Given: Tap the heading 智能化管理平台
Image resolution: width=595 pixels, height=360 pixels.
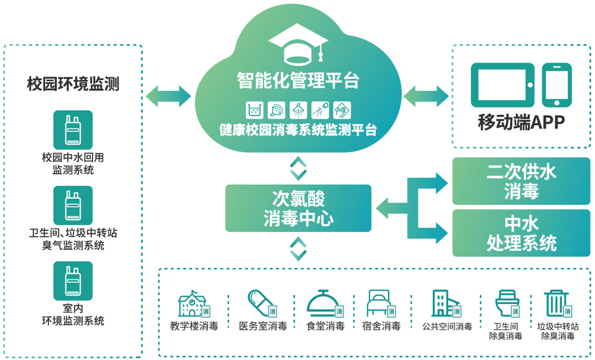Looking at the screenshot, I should coord(298,80).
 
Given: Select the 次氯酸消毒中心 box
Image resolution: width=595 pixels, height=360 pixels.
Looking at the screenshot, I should coord(298,208).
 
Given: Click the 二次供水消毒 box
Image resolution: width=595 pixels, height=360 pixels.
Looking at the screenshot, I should coord(521,181).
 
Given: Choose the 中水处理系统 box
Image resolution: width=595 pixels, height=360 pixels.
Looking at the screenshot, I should coord(521,233).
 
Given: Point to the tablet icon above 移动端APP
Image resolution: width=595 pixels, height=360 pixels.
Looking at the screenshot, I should coord(502,84).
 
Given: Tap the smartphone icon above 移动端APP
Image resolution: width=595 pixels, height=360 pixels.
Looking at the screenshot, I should coord(556,84).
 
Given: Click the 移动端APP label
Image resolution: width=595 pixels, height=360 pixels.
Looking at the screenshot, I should coord(521,122).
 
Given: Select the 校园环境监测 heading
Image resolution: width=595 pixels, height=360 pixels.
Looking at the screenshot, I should coord(73,84).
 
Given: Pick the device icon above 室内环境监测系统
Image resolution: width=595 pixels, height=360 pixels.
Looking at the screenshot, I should coord(73,281).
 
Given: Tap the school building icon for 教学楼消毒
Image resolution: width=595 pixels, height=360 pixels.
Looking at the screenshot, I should coord(193,304).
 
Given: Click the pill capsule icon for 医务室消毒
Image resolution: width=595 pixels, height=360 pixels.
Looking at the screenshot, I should coord(261,304).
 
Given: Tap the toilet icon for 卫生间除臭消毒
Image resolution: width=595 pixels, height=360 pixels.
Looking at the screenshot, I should coord(506,304).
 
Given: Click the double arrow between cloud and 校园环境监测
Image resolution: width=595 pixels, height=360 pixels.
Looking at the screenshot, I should coord(169,96).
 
